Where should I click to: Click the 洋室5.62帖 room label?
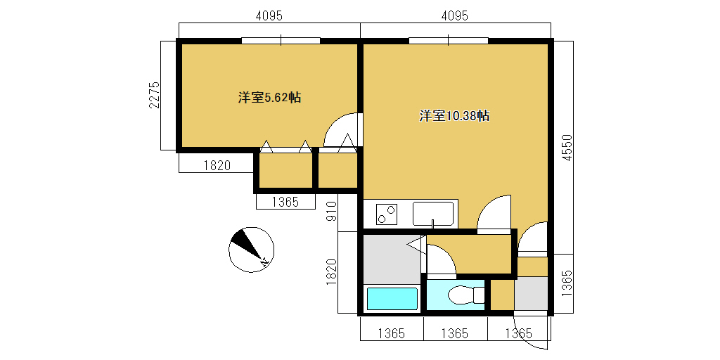pos(269,97)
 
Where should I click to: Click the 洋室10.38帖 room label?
pos(454,116)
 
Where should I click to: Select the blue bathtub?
pos(392,299)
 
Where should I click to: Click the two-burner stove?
pos(387,214)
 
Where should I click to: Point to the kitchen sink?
pos(433,214)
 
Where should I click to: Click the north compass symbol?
pos(251,250)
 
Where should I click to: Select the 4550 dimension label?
pos(568,148)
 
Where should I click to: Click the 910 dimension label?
pos(332,211)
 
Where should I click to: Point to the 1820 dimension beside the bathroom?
pos(332,272)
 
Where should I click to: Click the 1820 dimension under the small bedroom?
pos(217,166)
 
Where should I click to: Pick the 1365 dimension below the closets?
pos(285,202)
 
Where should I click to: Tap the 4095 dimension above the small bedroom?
pos(269,15)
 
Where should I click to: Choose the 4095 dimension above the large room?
pos(455,15)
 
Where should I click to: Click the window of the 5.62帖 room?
pos(281,40)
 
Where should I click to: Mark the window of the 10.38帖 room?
pos(449,40)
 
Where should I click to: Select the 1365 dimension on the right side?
pos(568,283)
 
